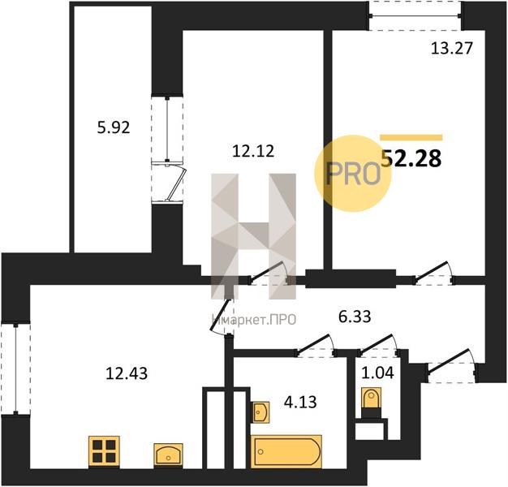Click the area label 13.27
[x=450, y=46]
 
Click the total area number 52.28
[x=412, y=158]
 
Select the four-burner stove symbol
[x=104, y=450]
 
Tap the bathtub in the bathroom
[x=286, y=451]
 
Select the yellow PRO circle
[x=352, y=173]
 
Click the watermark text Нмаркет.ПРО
[x=254, y=320]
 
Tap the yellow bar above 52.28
[x=411, y=138]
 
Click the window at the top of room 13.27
[x=415, y=15]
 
